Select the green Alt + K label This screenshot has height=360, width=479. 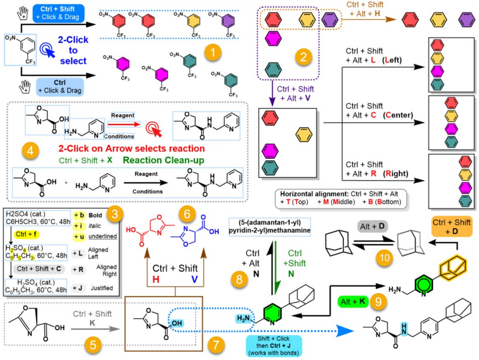point(353,301)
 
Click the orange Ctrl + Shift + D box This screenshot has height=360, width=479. point(451,227)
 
